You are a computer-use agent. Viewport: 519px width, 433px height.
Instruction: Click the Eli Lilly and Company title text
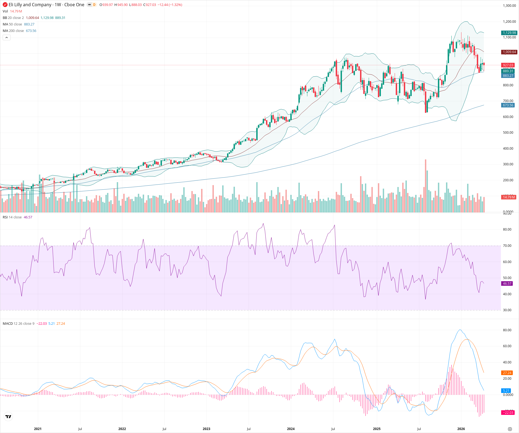[30, 5]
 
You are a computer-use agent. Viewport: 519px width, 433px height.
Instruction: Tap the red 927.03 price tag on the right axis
[508, 65]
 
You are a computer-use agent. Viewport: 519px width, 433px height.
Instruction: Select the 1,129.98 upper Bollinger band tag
[509, 33]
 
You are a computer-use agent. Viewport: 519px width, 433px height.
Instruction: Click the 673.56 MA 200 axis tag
[508, 105]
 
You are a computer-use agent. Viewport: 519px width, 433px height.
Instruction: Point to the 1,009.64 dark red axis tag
[509, 52]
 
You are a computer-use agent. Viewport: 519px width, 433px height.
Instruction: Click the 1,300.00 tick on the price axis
[509, 6]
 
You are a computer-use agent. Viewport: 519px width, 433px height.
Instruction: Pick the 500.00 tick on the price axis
[508, 133]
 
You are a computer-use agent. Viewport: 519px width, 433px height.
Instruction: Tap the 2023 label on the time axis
[206, 429]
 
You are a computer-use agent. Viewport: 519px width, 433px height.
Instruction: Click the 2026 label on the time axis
[461, 429]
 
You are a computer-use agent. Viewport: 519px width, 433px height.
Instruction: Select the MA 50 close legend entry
[12, 24]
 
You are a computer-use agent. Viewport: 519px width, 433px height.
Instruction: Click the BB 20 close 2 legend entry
[13, 18]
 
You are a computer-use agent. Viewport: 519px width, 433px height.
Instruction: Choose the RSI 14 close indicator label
[12, 217]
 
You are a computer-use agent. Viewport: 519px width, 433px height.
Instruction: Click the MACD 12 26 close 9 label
[18, 324]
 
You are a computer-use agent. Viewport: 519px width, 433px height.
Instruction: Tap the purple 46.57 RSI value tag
[507, 284]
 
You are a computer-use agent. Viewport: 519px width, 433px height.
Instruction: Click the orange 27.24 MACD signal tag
[507, 373]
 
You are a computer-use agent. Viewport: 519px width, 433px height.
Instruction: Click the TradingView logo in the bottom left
[8, 416]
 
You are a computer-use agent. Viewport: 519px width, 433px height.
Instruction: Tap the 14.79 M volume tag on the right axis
[508, 197]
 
